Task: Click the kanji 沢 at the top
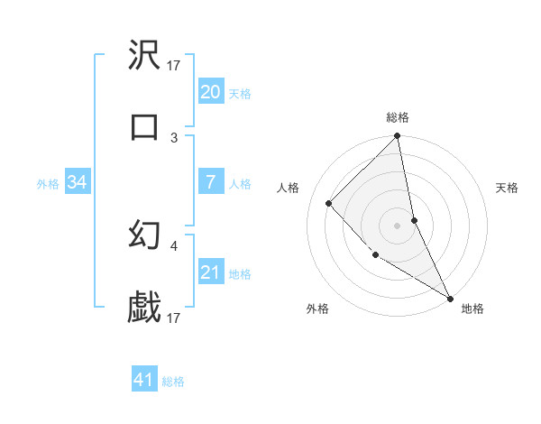[144, 56]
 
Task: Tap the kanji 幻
[144, 236]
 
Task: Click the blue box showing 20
[210, 92]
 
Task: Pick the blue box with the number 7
[210, 183]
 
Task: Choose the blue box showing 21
[210, 272]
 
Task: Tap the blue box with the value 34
[77, 183]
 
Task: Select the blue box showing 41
[144, 380]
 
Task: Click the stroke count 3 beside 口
[174, 137]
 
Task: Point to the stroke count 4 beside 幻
[174, 245]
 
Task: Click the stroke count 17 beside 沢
[174, 65]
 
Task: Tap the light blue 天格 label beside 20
[240, 94]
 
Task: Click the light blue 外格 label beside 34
[48, 184]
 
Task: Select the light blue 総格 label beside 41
[173, 382]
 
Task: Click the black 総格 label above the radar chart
[398, 117]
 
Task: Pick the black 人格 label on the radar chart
[289, 188]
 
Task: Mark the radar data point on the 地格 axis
[449, 297]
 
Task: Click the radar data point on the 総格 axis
[398, 137]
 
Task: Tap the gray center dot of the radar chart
[398, 225]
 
